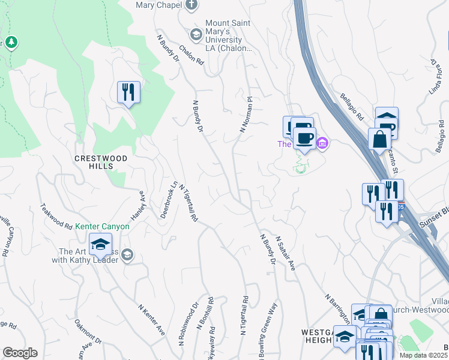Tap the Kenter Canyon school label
pyautogui.click(x=102, y=227)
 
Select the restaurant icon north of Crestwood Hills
pyautogui.click(x=128, y=92)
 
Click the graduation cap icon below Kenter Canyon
pyautogui.click(x=100, y=244)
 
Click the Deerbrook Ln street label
pyautogui.click(x=168, y=200)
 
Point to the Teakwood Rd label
pyautogui.click(x=56, y=214)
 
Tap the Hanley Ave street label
pyautogui.click(x=139, y=205)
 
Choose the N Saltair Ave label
pyautogui.click(x=286, y=252)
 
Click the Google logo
pyautogui.click(x=20, y=353)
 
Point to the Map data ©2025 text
pyautogui.click(x=423, y=355)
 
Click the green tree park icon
pyautogui.click(x=11, y=43)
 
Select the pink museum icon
pyautogui.click(x=322, y=143)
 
